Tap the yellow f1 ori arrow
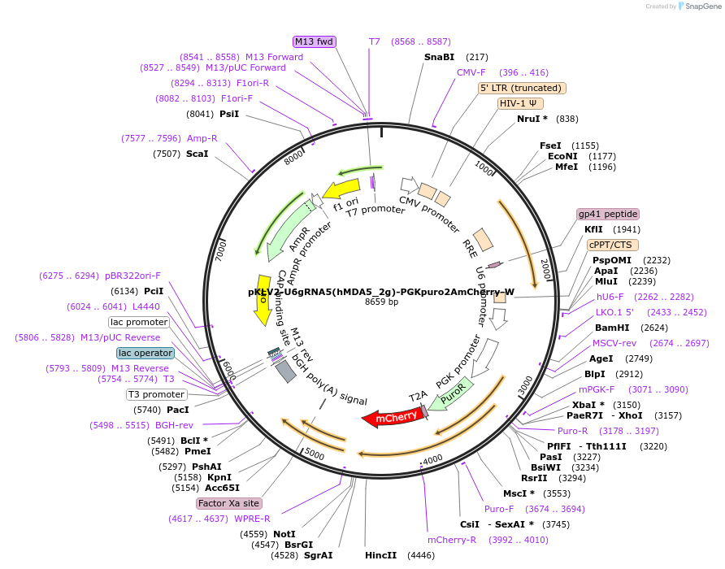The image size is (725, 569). tap(341, 190)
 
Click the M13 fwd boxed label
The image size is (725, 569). tap(314, 41)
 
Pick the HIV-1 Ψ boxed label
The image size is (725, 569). tap(521, 103)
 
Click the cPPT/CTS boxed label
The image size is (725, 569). tap(613, 245)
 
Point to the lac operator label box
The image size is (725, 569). tap(145, 353)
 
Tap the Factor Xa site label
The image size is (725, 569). tap(229, 503)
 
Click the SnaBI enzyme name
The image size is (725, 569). tap(439, 57)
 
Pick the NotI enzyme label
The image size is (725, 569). tap(284, 534)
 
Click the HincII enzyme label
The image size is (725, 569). tap(380, 555)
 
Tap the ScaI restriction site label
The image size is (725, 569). tap(197, 153)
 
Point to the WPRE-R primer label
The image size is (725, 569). tap(252, 518)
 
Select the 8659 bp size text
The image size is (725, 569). tap(381, 302)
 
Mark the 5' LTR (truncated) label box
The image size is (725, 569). tap(522, 88)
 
